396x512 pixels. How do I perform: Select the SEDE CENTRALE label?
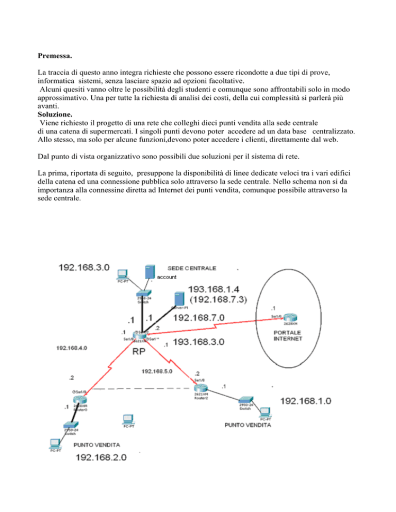coord(192,268)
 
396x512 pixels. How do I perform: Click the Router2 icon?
coord(200,390)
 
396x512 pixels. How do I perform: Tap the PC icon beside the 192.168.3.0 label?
coord(122,275)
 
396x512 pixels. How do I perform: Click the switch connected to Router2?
coord(245,401)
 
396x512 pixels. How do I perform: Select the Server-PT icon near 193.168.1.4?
coord(178,299)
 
